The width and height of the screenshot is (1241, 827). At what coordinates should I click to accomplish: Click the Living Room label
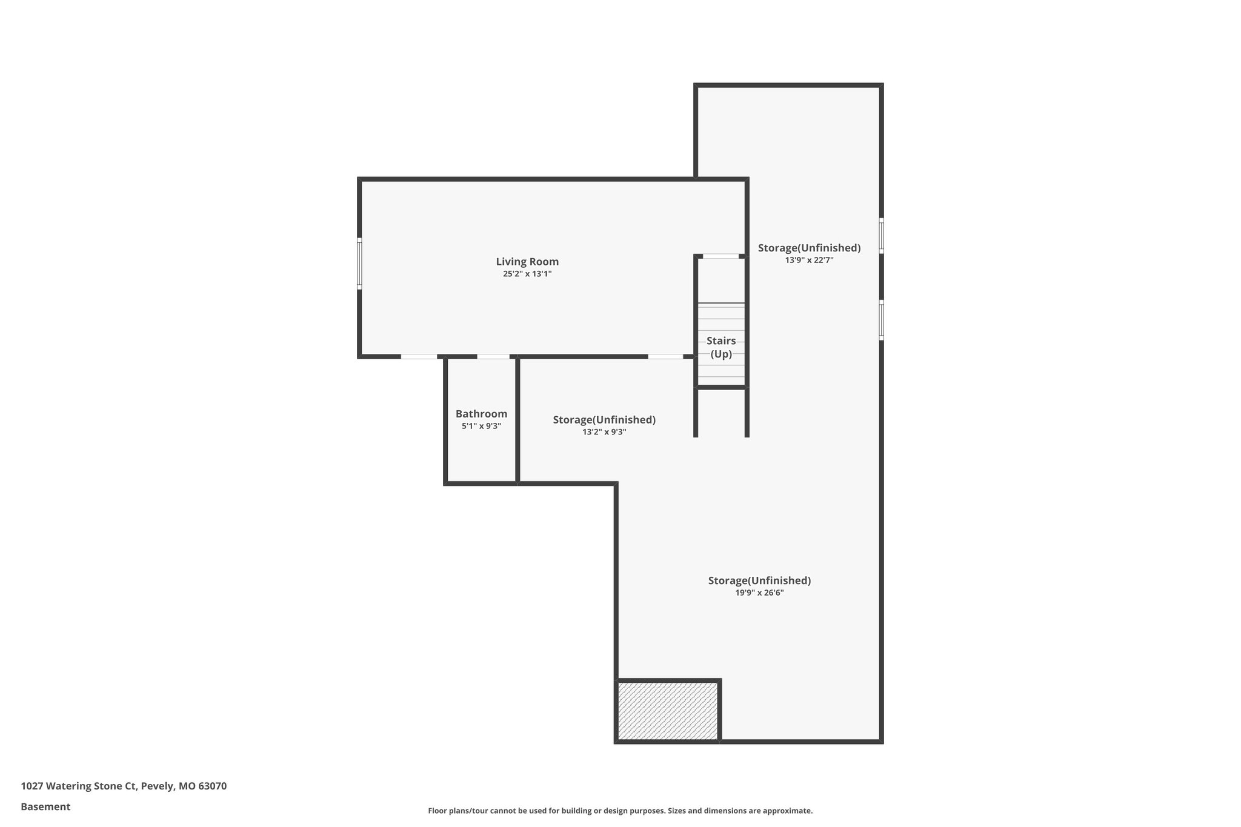(x=527, y=262)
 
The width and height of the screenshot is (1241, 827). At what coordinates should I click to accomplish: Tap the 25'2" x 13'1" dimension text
(x=527, y=274)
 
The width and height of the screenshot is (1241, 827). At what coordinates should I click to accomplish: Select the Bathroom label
(x=481, y=414)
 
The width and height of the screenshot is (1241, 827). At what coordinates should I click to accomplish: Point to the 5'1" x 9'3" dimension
(x=481, y=426)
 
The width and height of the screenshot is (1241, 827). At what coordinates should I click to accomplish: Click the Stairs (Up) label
(x=721, y=348)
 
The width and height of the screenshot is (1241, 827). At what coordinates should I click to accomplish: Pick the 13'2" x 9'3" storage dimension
(x=604, y=432)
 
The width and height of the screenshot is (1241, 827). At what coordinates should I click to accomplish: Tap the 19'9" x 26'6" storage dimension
(x=759, y=593)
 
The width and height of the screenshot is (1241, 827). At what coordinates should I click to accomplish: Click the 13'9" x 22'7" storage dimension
(x=809, y=260)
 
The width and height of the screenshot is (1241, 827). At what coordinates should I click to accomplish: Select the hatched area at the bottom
(x=667, y=711)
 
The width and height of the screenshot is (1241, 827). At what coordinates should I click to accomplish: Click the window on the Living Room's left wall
(x=359, y=264)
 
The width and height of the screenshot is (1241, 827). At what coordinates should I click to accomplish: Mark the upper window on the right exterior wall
(x=881, y=236)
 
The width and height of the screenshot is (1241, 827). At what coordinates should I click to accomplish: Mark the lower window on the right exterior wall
(x=881, y=320)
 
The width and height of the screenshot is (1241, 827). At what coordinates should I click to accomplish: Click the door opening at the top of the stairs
(x=720, y=256)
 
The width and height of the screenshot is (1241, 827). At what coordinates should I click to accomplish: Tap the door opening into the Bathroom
(x=493, y=357)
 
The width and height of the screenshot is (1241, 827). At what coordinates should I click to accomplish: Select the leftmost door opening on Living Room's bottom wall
(x=419, y=357)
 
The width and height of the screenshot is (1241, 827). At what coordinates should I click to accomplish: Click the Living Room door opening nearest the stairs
(x=665, y=357)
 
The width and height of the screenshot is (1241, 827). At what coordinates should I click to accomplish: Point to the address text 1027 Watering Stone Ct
(x=124, y=786)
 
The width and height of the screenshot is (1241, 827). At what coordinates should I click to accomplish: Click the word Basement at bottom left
(x=45, y=807)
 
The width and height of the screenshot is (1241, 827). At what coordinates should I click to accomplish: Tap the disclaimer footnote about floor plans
(x=620, y=811)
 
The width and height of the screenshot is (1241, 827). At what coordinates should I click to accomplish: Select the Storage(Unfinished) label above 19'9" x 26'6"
(x=759, y=580)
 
